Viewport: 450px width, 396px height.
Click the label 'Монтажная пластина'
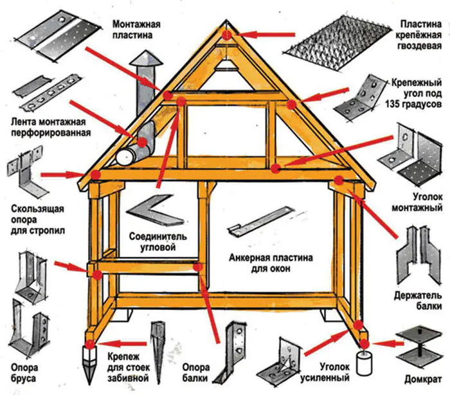point(136,30)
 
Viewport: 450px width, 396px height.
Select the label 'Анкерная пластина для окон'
point(271,263)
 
